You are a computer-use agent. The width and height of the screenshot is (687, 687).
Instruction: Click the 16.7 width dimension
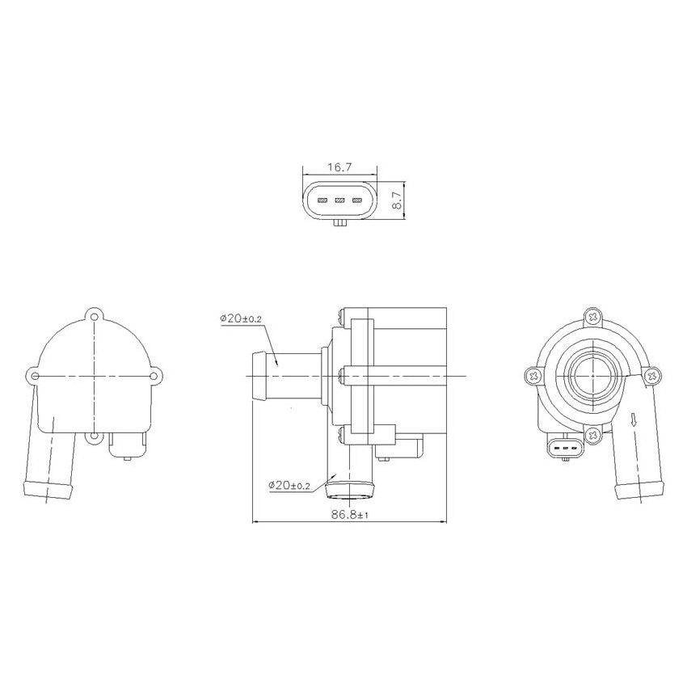click(339, 167)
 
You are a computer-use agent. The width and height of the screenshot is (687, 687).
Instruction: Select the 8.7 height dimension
click(397, 200)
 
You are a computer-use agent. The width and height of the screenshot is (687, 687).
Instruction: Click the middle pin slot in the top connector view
click(339, 200)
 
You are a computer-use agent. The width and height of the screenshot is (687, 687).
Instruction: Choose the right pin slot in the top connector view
click(356, 200)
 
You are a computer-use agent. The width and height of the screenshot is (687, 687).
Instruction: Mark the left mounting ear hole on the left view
click(33, 376)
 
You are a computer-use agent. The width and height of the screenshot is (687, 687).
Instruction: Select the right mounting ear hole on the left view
click(157, 376)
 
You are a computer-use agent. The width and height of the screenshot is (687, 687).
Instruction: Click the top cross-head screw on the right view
click(594, 317)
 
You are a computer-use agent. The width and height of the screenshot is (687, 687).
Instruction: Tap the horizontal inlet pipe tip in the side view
click(256, 377)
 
